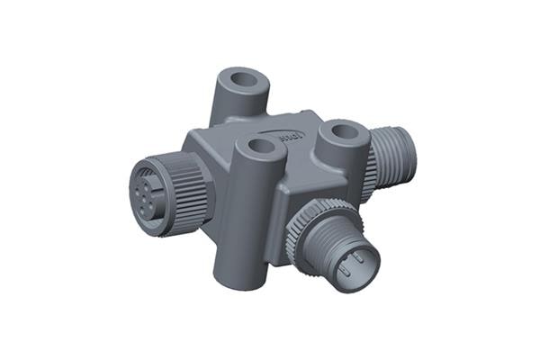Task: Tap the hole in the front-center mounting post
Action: [x=261, y=146]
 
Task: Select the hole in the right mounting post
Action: [x=343, y=130]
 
